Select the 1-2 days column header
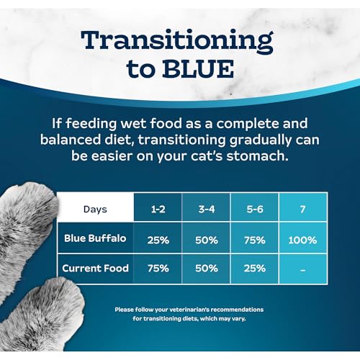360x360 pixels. click(x=156, y=210)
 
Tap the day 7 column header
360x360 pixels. click(x=303, y=210)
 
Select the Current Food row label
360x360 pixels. click(x=95, y=268)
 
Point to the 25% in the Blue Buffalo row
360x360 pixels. click(x=156, y=238)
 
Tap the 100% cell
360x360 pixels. click(x=303, y=238)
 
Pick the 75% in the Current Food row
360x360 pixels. click(x=156, y=269)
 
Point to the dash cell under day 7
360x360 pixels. click(x=303, y=269)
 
